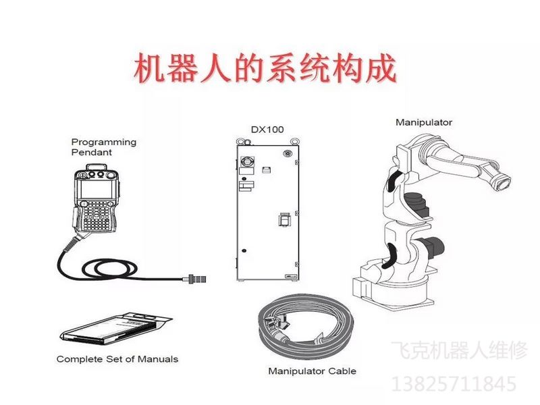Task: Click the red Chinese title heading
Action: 265,68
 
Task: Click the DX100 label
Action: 267,130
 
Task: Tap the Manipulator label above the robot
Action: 424,122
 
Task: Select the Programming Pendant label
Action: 104,147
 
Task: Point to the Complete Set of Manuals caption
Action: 117,359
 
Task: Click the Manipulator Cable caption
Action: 312,371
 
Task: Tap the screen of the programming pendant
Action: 96,189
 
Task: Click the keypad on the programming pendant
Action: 97,215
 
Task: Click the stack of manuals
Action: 115,328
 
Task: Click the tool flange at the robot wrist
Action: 502,182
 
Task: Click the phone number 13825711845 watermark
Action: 454,384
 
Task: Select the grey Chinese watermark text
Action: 460,350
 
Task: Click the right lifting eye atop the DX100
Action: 295,141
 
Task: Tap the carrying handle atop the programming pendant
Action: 97,167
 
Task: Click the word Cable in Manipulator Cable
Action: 342,371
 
